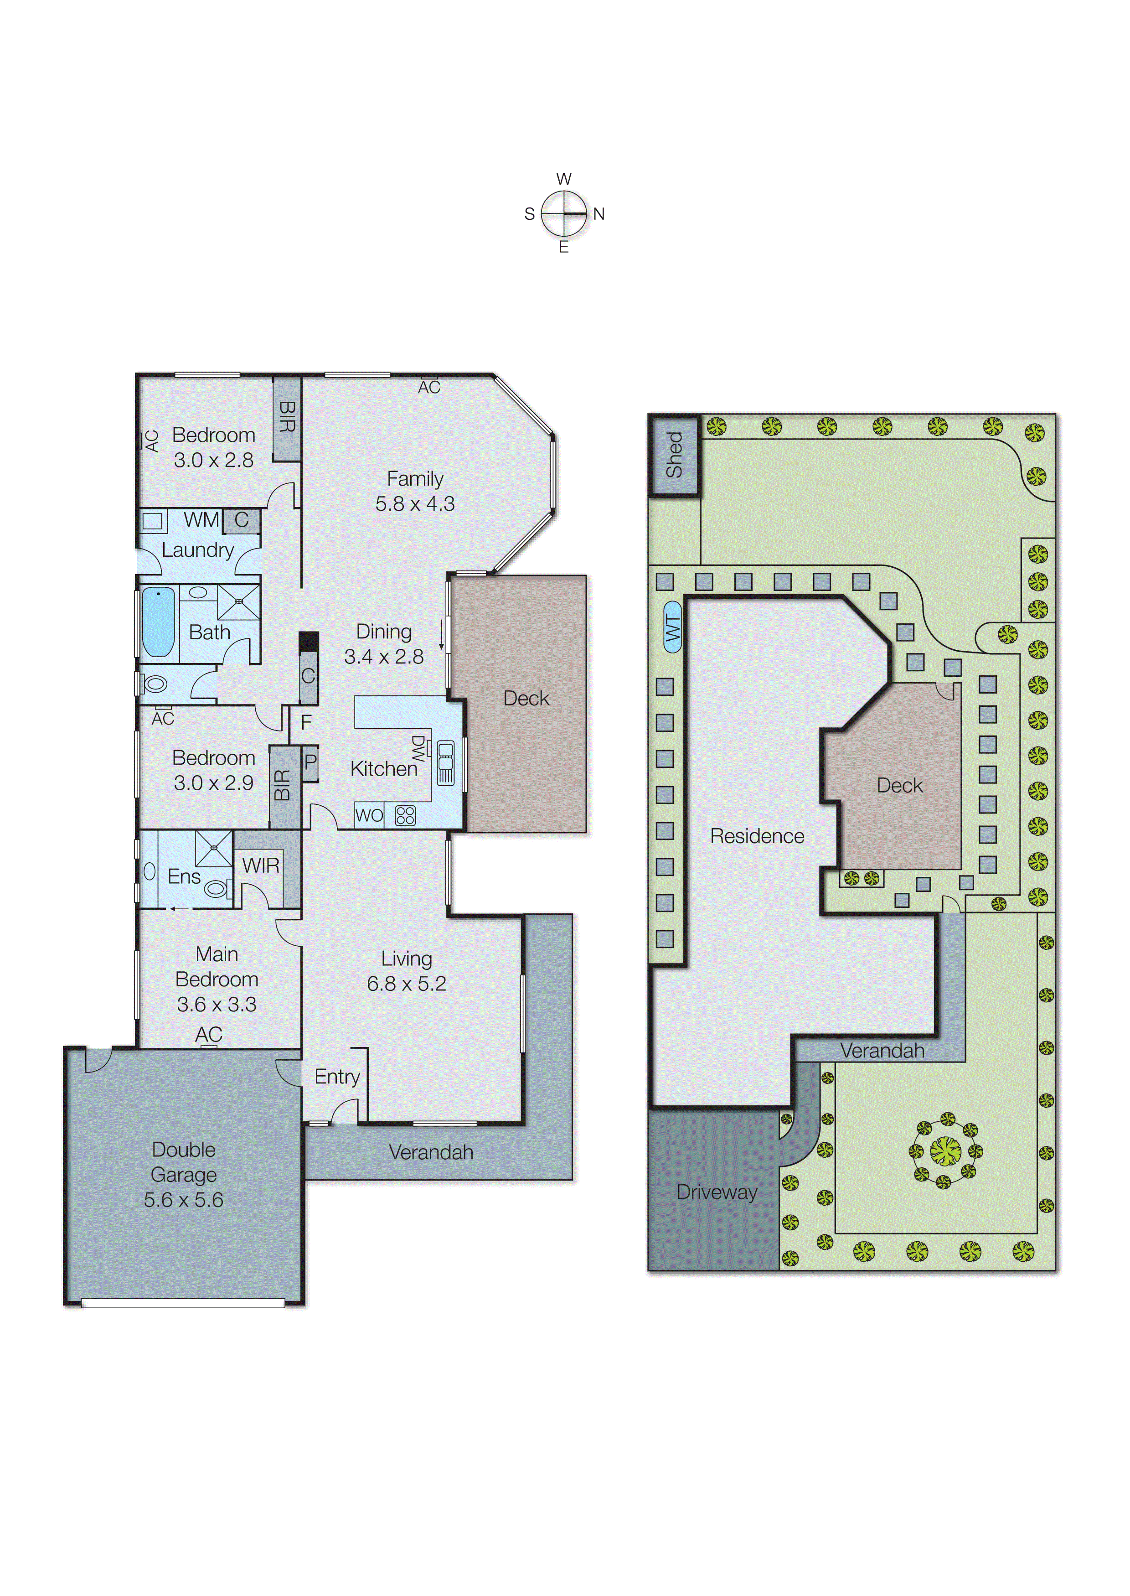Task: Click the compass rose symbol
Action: pyautogui.click(x=564, y=213)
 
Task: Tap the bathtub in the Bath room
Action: pyautogui.click(x=158, y=622)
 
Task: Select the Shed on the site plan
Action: pyautogui.click(x=674, y=455)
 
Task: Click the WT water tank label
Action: pyautogui.click(x=672, y=627)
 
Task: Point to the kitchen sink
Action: pyautogui.click(x=445, y=763)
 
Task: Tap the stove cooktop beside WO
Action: pyautogui.click(x=405, y=815)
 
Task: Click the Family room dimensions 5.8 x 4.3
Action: pyautogui.click(x=415, y=504)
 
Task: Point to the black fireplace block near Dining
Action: pyautogui.click(x=308, y=641)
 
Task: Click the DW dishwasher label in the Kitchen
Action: pyautogui.click(x=418, y=748)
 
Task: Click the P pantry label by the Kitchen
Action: pyautogui.click(x=310, y=762)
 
